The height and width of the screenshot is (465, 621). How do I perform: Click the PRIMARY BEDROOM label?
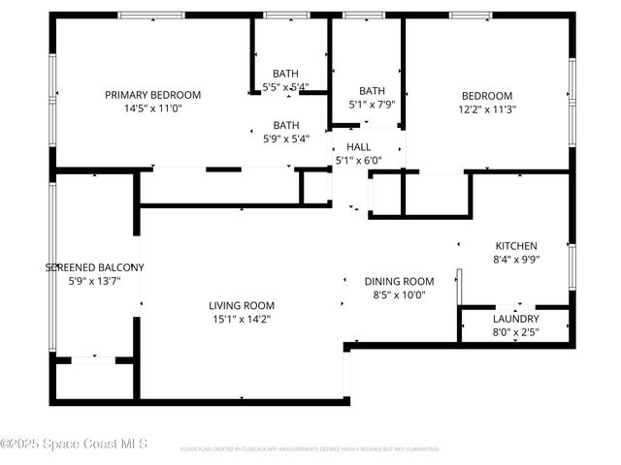pos(153,95)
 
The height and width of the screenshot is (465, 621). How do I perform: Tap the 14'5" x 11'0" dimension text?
pos(153,108)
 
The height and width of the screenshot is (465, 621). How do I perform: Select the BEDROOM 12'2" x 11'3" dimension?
pos(487,109)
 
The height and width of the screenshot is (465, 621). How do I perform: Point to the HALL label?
pos(359,147)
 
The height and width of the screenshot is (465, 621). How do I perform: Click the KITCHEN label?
pos(516,246)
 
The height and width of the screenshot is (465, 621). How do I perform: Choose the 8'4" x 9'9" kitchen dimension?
pos(516,260)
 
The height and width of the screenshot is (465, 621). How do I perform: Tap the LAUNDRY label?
pos(516,319)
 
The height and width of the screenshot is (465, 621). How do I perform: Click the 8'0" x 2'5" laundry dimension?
pos(516,332)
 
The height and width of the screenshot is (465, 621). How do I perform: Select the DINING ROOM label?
pos(399,281)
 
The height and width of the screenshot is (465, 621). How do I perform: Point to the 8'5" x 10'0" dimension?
pos(399,294)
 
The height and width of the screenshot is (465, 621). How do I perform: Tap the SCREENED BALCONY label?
pos(95,267)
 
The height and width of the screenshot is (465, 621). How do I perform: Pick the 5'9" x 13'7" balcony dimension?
pos(95,281)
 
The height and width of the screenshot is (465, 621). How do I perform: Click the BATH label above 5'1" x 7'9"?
pos(373,91)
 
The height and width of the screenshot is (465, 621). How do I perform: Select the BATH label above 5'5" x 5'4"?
pos(286,74)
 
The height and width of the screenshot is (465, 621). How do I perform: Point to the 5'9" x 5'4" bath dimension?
pos(286,139)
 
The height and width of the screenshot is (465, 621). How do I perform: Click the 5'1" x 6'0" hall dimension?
pos(359,161)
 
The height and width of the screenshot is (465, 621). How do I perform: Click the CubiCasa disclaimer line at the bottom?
pos(310,449)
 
